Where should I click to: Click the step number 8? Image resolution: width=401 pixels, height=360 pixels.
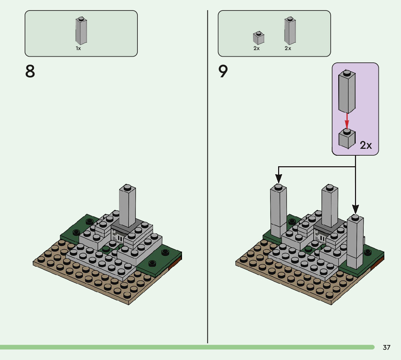pyautogui.click(x=30, y=71)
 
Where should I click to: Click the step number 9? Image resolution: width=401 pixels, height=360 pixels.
pyautogui.click(x=223, y=71)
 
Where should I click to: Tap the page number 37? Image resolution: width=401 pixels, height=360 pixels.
pyautogui.click(x=386, y=347)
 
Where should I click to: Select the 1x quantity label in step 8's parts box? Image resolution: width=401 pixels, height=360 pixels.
pyautogui.click(x=78, y=48)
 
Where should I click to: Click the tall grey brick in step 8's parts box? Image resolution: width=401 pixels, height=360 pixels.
pyautogui.click(x=81, y=31)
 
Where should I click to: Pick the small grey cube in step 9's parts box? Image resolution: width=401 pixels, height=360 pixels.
pyautogui.click(x=258, y=38)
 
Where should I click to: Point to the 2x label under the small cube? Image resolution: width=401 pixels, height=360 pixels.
pyautogui.click(x=257, y=48)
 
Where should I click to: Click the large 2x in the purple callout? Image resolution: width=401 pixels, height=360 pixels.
pyautogui.click(x=366, y=146)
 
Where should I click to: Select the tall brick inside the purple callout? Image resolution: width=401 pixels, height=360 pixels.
pyautogui.click(x=347, y=92)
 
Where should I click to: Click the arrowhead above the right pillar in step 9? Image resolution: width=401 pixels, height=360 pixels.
pyautogui.click(x=355, y=209)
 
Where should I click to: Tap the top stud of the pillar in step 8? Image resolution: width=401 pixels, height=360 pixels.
pyautogui.click(x=127, y=187)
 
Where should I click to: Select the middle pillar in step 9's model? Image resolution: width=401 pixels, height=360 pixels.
pyautogui.click(x=330, y=207)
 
